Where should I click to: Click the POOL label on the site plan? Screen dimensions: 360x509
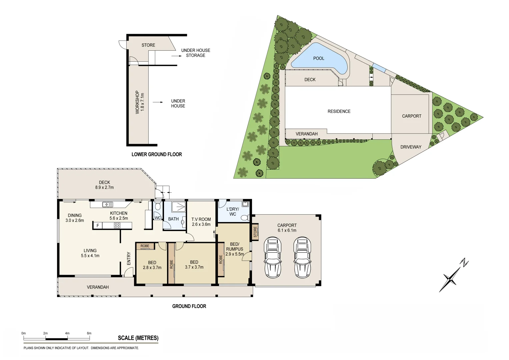coord(318,58)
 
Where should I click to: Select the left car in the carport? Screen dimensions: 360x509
coord(272,257)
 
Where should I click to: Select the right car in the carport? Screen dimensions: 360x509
coord(302,257)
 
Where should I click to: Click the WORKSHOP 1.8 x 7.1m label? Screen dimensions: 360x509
coord(140,102)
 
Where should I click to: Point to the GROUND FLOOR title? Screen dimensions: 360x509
coord(189,306)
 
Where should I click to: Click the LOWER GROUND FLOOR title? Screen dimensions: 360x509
coord(157,154)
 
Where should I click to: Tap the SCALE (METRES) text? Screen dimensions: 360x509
coord(138,338)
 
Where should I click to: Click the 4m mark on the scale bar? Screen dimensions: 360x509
coord(67,333)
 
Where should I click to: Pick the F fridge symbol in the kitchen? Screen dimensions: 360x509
coord(98,226)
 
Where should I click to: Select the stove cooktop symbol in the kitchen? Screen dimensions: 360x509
coord(117,226)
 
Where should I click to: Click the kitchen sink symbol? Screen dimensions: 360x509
coord(108,204)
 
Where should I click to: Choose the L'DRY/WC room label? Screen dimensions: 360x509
coord(233,212)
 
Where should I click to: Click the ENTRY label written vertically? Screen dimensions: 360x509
coord(129,259)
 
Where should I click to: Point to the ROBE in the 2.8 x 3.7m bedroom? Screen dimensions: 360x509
coord(145,246)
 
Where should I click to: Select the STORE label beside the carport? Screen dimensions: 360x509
coord(255,232)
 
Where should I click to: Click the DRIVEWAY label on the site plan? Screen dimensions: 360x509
coord(411,147)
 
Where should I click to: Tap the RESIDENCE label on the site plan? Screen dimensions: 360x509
coord(339,111)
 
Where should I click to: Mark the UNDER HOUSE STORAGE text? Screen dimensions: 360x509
coord(196,53)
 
